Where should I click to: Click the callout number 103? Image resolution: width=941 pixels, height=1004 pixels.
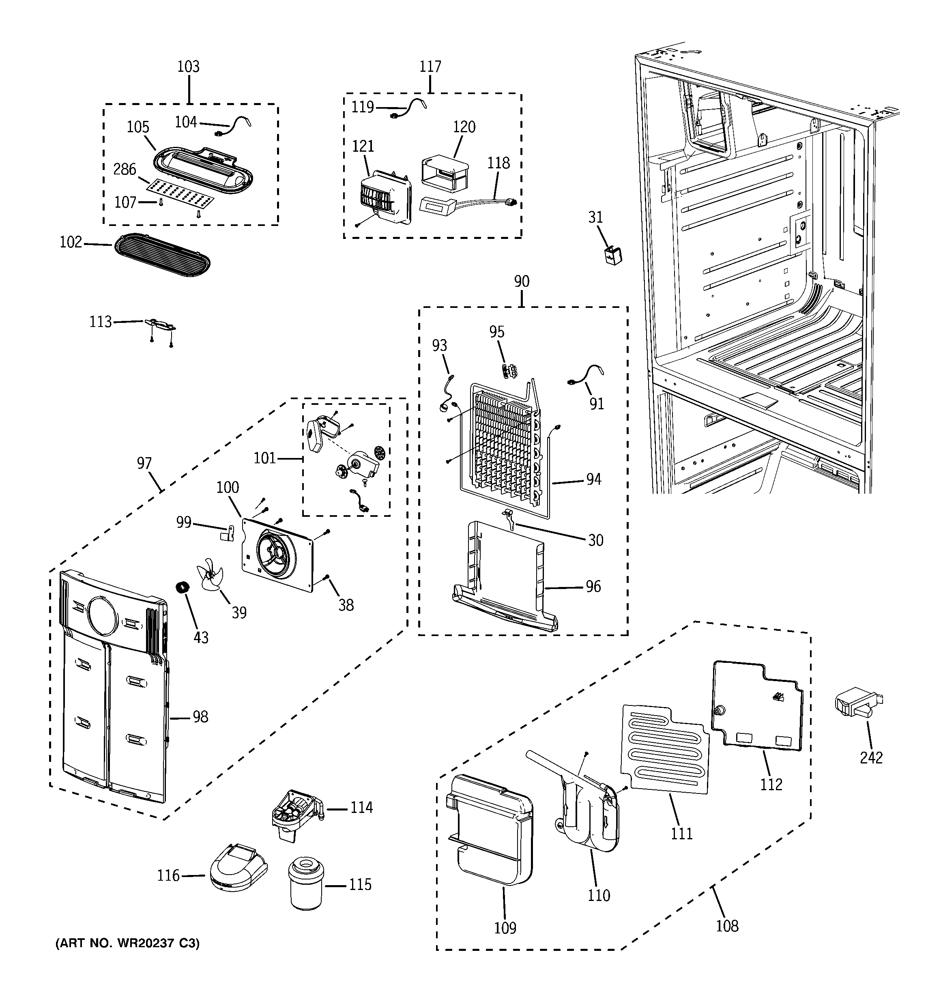[x=188, y=67]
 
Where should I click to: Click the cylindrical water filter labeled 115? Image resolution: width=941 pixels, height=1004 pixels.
[x=306, y=884]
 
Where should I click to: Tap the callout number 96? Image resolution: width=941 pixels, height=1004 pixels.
[x=593, y=586]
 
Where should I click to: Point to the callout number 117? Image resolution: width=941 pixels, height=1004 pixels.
[x=430, y=67]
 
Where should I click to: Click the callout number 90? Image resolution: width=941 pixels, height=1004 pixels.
[x=522, y=281]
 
